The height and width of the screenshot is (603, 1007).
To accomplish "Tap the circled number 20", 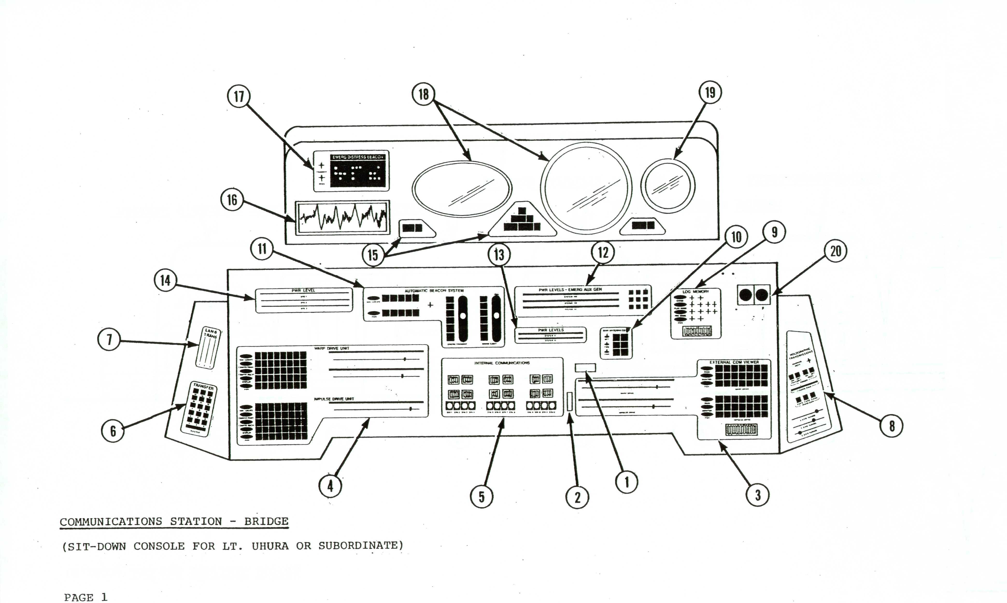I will pyautogui.click(x=836, y=251).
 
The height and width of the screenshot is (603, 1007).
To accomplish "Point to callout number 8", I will pyautogui.click(x=892, y=426).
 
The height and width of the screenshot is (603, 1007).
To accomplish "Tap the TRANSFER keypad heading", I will pyautogui.click(x=203, y=387).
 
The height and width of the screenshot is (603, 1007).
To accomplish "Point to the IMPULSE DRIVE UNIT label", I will pyautogui.click(x=334, y=399).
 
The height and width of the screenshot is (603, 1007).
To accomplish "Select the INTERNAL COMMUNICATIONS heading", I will pyautogui.click(x=502, y=363).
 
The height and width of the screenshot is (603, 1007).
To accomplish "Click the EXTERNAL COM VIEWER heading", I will pyautogui.click(x=734, y=362).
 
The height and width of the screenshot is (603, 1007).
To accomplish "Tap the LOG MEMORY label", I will pyautogui.click(x=695, y=292).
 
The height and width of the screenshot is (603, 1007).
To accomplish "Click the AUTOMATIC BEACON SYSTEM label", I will pyautogui.click(x=434, y=291).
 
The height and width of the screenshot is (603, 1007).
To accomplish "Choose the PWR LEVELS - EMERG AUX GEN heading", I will pyautogui.click(x=570, y=290).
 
